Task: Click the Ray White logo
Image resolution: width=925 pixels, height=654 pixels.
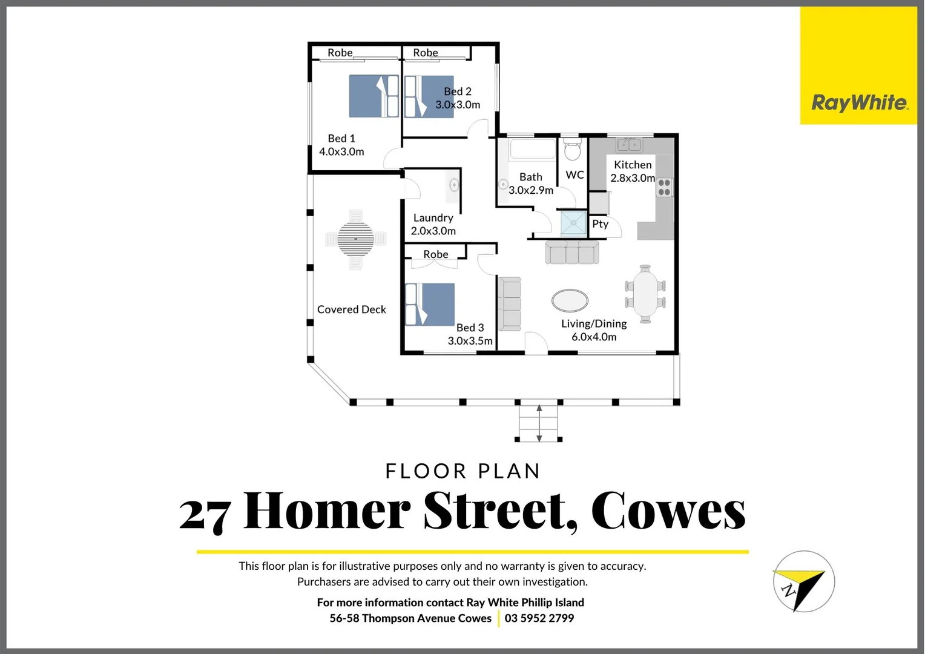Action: [858, 102]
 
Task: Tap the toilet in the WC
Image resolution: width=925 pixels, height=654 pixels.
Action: [572, 150]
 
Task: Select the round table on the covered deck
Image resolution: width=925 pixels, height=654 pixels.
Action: [355, 239]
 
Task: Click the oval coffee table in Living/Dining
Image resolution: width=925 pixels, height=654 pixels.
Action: [570, 300]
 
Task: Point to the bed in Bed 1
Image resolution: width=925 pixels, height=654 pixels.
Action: [374, 96]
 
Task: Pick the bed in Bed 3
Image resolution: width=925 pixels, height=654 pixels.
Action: [430, 305]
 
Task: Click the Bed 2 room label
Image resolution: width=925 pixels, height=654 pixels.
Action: [457, 91]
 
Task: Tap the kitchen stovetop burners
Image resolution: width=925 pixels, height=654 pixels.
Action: [664, 187]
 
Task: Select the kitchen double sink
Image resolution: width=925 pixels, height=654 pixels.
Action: [629, 145]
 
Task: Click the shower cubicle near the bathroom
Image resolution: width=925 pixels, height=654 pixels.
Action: [573, 223]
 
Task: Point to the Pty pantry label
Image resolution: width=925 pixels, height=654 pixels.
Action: [600, 224]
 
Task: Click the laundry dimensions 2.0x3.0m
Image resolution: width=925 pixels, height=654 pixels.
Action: [433, 231]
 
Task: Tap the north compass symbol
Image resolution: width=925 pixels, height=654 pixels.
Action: [803, 582]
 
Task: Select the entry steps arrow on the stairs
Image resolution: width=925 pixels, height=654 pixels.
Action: [539, 423]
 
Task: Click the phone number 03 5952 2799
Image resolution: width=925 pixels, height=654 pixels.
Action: [539, 618]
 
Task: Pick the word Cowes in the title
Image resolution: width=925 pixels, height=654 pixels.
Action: [668, 511]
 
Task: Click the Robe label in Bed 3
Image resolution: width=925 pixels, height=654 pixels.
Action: [435, 254]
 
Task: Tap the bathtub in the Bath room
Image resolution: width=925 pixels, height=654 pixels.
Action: [532, 150]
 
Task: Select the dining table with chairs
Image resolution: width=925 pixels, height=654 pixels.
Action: [645, 294]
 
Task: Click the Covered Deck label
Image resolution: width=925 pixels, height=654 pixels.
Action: [351, 309]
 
